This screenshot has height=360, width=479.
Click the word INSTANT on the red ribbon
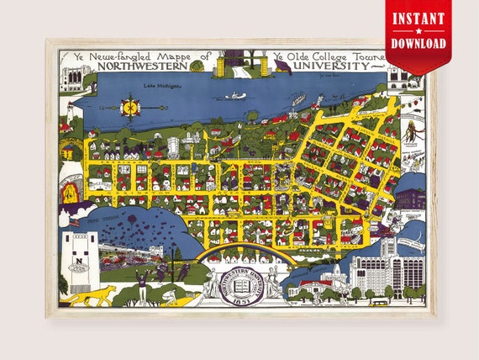pyautogui.click(x=418, y=19)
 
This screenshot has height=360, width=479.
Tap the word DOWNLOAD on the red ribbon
pyautogui.click(x=418, y=42)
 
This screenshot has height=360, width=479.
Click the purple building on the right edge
pyautogui.click(x=410, y=199)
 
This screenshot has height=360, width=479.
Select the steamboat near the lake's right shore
pyautogui.click(x=294, y=100)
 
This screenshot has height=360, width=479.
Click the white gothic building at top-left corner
pyautogui.click(x=71, y=77)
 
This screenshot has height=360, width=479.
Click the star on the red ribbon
pyautogui.click(x=418, y=30)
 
